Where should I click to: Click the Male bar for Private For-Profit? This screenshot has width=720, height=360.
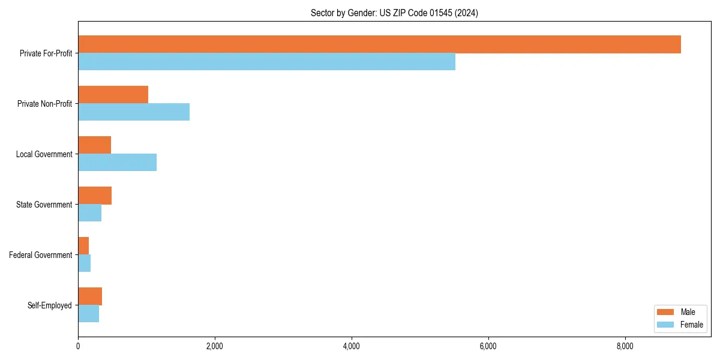tap(379, 44)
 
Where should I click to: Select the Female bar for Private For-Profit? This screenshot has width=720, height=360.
tap(266, 62)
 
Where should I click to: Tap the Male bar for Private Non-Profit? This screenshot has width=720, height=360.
tap(113, 95)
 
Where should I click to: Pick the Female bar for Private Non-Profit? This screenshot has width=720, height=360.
tap(134, 112)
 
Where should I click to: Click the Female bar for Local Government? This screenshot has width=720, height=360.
tap(117, 163)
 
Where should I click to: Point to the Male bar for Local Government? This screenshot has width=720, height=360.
tap(94, 145)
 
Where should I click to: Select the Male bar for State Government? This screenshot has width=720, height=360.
tap(95, 196)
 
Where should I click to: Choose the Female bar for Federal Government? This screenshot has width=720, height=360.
tap(84, 263)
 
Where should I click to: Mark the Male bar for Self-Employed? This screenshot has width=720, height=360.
tap(90, 296)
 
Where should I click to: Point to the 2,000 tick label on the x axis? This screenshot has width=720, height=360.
tap(215, 346)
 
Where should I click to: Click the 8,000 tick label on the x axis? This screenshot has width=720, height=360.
tap(625, 346)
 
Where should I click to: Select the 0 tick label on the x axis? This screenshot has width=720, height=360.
tap(78, 346)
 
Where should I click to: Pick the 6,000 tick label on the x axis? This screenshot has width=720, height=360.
tap(488, 346)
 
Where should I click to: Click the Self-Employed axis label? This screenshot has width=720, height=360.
tap(50, 305)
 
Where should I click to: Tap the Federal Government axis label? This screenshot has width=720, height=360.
tap(41, 255)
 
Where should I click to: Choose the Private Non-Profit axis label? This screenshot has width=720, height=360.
tap(44, 104)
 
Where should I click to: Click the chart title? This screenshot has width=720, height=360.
tap(394, 13)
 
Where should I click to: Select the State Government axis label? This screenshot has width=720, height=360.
tap(44, 205)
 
